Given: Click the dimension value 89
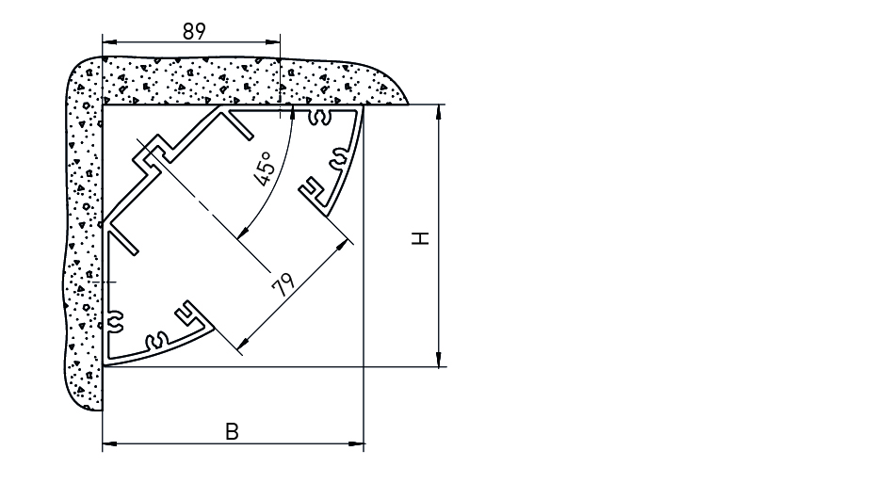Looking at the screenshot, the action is (194, 32).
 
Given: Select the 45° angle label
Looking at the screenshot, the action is (265, 168).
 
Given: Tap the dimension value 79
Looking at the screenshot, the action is (283, 285).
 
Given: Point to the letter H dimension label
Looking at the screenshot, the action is (421, 238).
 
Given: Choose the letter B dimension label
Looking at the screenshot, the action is (232, 432).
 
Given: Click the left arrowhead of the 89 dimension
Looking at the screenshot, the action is (109, 42).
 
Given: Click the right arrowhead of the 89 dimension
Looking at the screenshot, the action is (273, 42).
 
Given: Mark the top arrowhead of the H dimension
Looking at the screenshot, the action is (438, 112).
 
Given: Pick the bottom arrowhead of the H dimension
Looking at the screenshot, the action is (438, 360).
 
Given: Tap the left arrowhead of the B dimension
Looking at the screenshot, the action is (109, 443).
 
